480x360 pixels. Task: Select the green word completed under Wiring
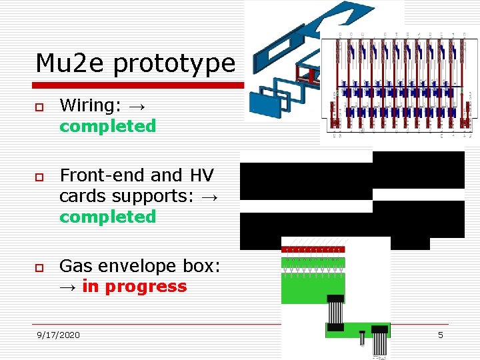107,126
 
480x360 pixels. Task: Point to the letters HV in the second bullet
202,175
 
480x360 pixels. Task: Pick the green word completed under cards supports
107,217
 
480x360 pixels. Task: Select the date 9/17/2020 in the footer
59,335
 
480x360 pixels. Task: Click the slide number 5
440,335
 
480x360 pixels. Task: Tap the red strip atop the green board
312,249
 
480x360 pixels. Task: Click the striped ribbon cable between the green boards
335,313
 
